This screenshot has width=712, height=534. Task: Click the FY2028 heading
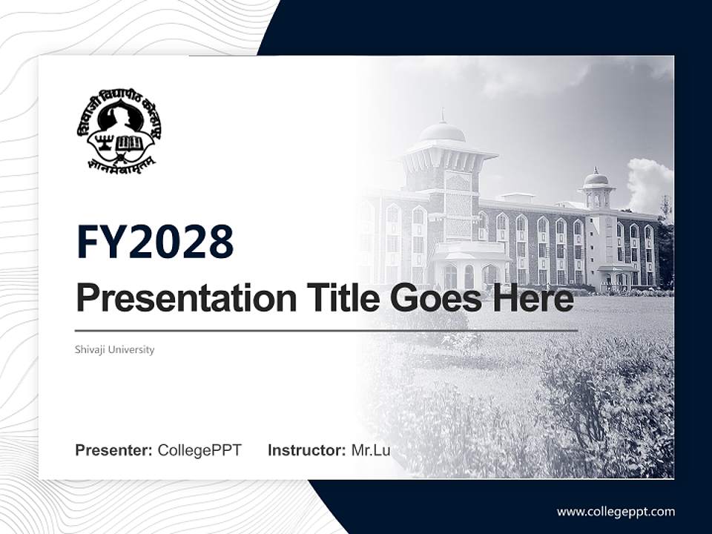click(x=155, y=242)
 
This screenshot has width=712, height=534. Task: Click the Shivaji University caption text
click(x=115, y=349)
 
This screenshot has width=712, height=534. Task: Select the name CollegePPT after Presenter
click(x=200, y=450)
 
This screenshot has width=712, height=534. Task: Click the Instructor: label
click(x=306, y=450)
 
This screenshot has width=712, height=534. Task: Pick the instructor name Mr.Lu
click(x=371, y=450)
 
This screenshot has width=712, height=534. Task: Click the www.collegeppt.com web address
click(x=616, y=512)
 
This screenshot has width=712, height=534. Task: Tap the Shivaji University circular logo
click(x=119, y=131)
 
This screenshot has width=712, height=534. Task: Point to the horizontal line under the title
click(x=326, y=331)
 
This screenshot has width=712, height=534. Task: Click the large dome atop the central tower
click(x=442, y=133)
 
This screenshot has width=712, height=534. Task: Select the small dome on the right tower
click(x=596, y=179)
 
